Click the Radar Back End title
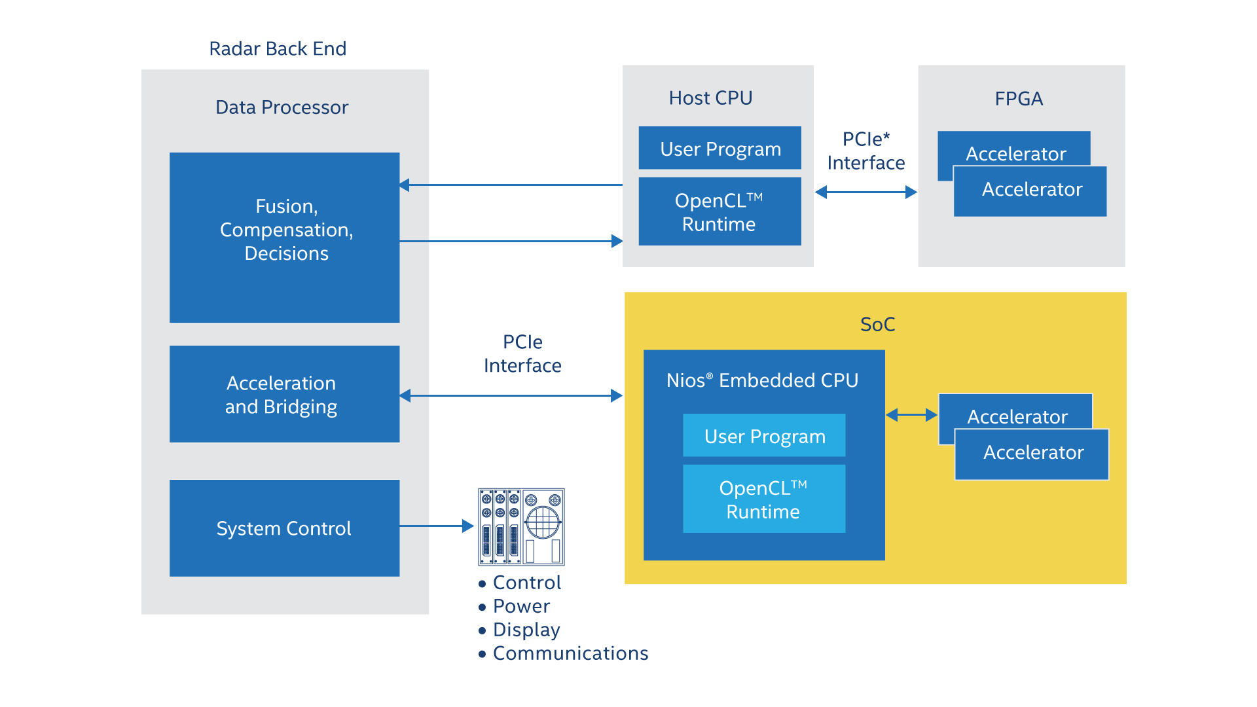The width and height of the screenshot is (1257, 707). click(278, 48)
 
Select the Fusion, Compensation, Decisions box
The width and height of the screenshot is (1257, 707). click(284, 237)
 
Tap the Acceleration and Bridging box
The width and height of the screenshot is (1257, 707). click(284, 394)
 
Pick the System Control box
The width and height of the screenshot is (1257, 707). click(284, 528)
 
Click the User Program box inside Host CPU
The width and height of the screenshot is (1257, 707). click(720, 149)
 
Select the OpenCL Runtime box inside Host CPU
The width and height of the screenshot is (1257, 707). click(720, 211)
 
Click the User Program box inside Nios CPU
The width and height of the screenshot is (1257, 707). click(764, 435)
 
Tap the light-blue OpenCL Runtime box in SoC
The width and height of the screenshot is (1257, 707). click(764, 499)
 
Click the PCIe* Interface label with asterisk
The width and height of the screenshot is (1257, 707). click(865, 151)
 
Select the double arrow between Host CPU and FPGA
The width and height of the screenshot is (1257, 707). click(865, 192)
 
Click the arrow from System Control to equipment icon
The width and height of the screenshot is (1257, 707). click(436, 526)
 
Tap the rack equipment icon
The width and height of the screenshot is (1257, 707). click(521, 526)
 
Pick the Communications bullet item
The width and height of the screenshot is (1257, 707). click(570, 653)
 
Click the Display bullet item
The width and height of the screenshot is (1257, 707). click(526, 630)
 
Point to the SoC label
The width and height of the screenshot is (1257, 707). click(877, 324)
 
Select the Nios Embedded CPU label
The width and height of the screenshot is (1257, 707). click(762, 380)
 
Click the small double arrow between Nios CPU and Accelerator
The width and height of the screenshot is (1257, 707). click(911, 415)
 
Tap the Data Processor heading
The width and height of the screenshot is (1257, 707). click(282, 107)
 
